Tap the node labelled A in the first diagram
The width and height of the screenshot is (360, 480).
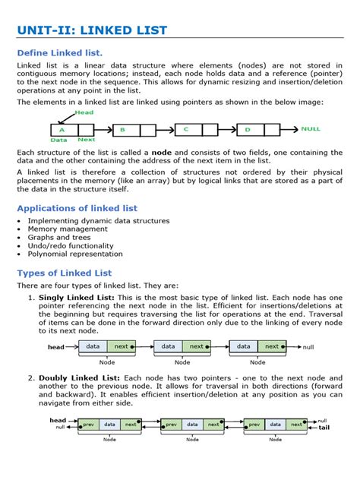click(62, 130)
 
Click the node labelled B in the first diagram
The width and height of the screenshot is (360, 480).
click(122, 130)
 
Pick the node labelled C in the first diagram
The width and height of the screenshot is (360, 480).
click(185, 130)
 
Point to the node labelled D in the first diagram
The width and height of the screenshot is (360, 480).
click(247, 130)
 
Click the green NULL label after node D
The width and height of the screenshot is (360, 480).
click(311, 129)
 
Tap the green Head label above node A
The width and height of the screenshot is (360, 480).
click(84, 112)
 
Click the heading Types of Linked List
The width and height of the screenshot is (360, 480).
click(65, 273)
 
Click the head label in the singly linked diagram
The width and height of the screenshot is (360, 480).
click(56, 347)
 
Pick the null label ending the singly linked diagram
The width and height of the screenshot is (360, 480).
click(308, 346)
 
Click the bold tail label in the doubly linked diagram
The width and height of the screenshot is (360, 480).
click(324, 428)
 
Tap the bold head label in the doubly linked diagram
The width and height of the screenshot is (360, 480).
click(58, 420)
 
